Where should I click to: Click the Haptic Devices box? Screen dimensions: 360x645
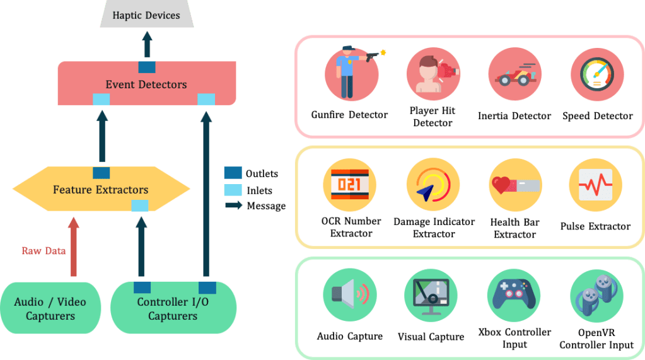pyautogui.click(x=146, y=15)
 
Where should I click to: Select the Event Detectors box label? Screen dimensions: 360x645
pyautogui.click(x=146, y=84)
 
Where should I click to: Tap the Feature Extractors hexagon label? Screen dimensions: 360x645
pyautogui.click(x=101, y=189)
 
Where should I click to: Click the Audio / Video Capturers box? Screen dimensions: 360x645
pyautogui.click(x=50, y=308)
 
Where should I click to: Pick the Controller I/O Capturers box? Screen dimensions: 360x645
pyautogui.click(x=173, y=308)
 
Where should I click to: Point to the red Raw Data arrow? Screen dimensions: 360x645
pyautogui.click(x=74, y=247)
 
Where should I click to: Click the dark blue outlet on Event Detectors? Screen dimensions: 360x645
pyautogui.click(x=147, y=66)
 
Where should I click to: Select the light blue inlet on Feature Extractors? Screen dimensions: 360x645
pyautogui.click(x=140, y=206)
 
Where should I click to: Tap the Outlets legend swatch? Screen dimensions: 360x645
pyautogui.click(x=233, y=173)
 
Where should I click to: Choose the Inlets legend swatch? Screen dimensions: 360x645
pyautogui.click(x=233, y=190)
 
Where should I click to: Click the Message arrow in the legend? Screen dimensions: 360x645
pyautogui.click(x=234, y=206)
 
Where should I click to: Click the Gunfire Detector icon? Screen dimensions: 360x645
pyautogui.click(x=351, y=74)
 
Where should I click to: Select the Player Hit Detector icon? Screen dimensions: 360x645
pyautogui.click(x=433, y=74)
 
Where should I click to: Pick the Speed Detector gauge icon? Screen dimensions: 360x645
pyautogui.click(x=596, y=74)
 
